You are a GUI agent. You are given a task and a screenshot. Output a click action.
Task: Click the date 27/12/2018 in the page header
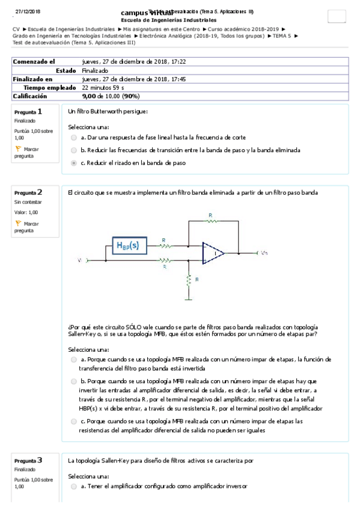28,11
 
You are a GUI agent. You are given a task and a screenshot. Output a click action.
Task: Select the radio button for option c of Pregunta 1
74,162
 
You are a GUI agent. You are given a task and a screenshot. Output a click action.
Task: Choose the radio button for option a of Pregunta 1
74,138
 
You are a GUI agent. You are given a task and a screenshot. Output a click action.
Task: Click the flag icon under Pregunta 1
18,149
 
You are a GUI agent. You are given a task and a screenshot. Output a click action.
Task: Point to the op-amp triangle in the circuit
212,253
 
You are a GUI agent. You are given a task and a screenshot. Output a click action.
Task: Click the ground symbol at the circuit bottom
189,298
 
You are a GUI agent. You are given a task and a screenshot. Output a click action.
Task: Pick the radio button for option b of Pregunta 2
74,381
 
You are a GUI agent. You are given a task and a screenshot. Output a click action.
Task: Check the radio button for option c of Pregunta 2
74,422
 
